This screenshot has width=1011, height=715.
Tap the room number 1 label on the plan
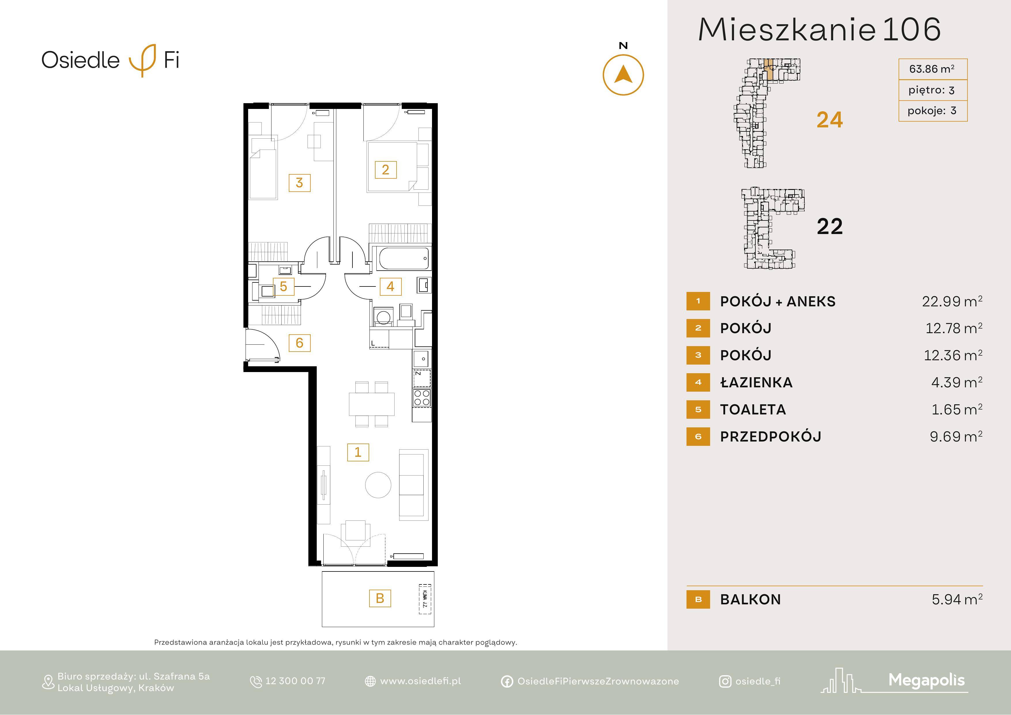click(x=358, y=452)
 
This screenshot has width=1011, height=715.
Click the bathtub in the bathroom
click(x=403, y=259)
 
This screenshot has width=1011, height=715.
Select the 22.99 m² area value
click(x=952, y=301)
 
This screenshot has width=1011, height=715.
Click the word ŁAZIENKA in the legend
click(x=756, y=382)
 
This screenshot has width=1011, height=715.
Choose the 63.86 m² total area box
click(x=932, y=69)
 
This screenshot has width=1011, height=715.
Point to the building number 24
click(x=830, y=120)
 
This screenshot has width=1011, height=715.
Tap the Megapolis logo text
click(x=927, y=681)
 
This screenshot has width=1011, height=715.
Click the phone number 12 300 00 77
click(x=295, y=681)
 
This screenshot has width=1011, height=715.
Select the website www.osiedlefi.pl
click(x=420, y=681)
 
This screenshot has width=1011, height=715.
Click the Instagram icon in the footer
click(x=725, y=682)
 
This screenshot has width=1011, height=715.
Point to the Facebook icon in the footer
click(x=507, y=682)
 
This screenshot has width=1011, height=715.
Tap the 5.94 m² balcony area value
click(x=957, y=599)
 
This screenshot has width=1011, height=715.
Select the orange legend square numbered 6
click(x=698, y=437)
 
